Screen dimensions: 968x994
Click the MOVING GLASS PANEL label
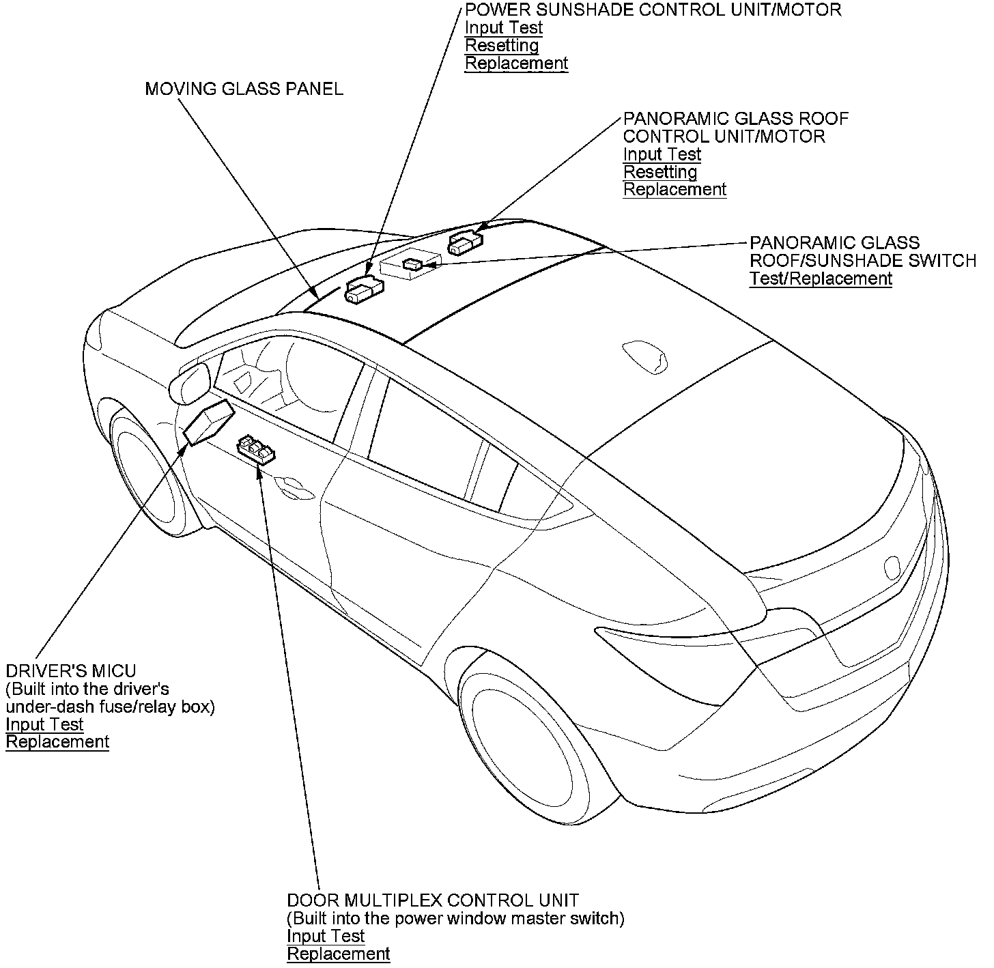pos(244,89)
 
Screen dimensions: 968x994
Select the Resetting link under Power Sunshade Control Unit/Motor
pos(502,46)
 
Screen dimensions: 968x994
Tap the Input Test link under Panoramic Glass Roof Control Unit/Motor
pos(662,154)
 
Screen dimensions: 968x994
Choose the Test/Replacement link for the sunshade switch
pos(821,279)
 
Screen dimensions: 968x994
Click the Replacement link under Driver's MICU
pos(57,742)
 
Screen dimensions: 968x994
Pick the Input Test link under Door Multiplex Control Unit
pos(326,936)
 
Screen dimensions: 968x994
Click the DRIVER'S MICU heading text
pos(71,671)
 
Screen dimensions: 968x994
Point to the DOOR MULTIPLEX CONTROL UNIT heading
pos(433,900)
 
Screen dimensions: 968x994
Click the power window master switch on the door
pos(256,451)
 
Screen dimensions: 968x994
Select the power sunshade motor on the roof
pos(365,290)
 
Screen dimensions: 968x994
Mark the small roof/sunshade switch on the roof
pos(413,264)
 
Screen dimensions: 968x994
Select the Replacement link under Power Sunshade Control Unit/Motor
pos(516,63)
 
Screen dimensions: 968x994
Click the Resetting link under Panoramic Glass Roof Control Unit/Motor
pos(660,172)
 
